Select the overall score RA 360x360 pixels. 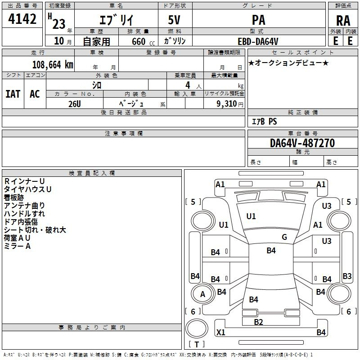tap(343, 21)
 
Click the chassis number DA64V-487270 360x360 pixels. tap(302, 143)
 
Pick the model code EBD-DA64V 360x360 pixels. tap(258, 41)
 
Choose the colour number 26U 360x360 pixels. tap(75, 103)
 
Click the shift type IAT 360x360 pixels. tap(13, 94)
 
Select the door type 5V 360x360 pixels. tap(175, 21)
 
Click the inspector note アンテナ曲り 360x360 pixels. tap(24, 206)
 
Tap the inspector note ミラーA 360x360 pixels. tap(17, 246)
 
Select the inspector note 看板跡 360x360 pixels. tap(14, 198)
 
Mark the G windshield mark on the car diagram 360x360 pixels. tap(284, 237)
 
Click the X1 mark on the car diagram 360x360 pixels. tap(220, 333)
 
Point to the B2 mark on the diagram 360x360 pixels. tap(258, 322)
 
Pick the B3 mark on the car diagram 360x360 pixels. tap(347, 276)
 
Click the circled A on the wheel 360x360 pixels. tap(202, 294)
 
